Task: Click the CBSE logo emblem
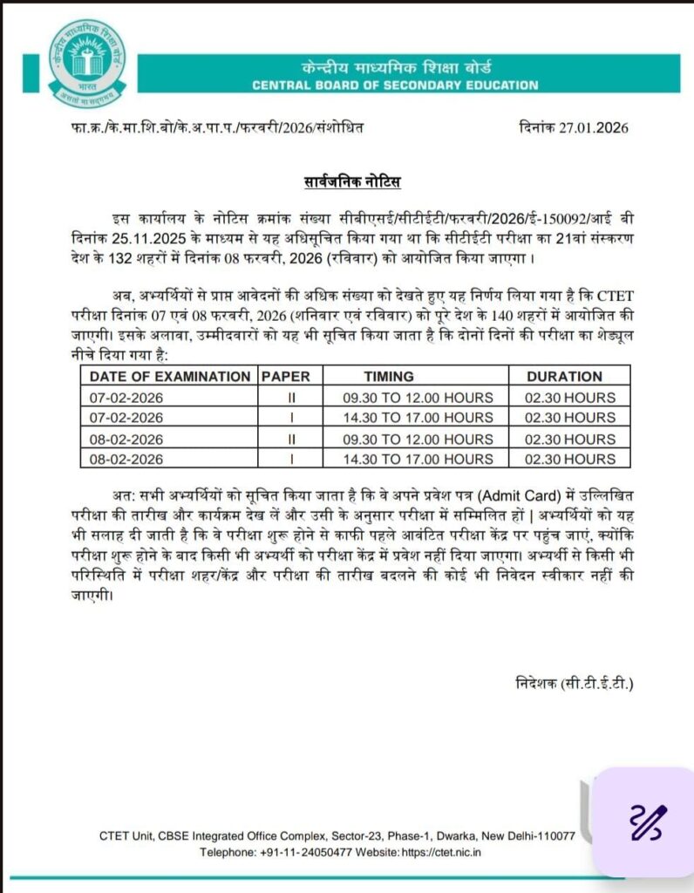85,60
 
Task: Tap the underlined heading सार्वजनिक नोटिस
346,182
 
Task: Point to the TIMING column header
415,377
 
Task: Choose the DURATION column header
564,377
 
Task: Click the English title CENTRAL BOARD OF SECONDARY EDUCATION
395,85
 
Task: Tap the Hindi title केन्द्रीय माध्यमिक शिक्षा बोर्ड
395,67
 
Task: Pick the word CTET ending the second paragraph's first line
609,293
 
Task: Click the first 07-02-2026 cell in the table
127,398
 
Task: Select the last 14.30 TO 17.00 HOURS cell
415,460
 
